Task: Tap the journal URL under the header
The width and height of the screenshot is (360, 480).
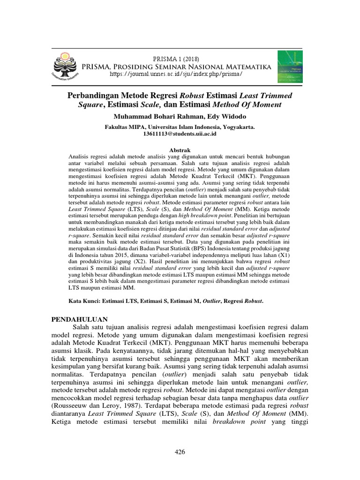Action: click(176, 74)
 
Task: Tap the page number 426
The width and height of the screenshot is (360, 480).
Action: click(180, 452)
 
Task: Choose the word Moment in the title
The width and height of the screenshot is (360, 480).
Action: click(268, 105)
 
